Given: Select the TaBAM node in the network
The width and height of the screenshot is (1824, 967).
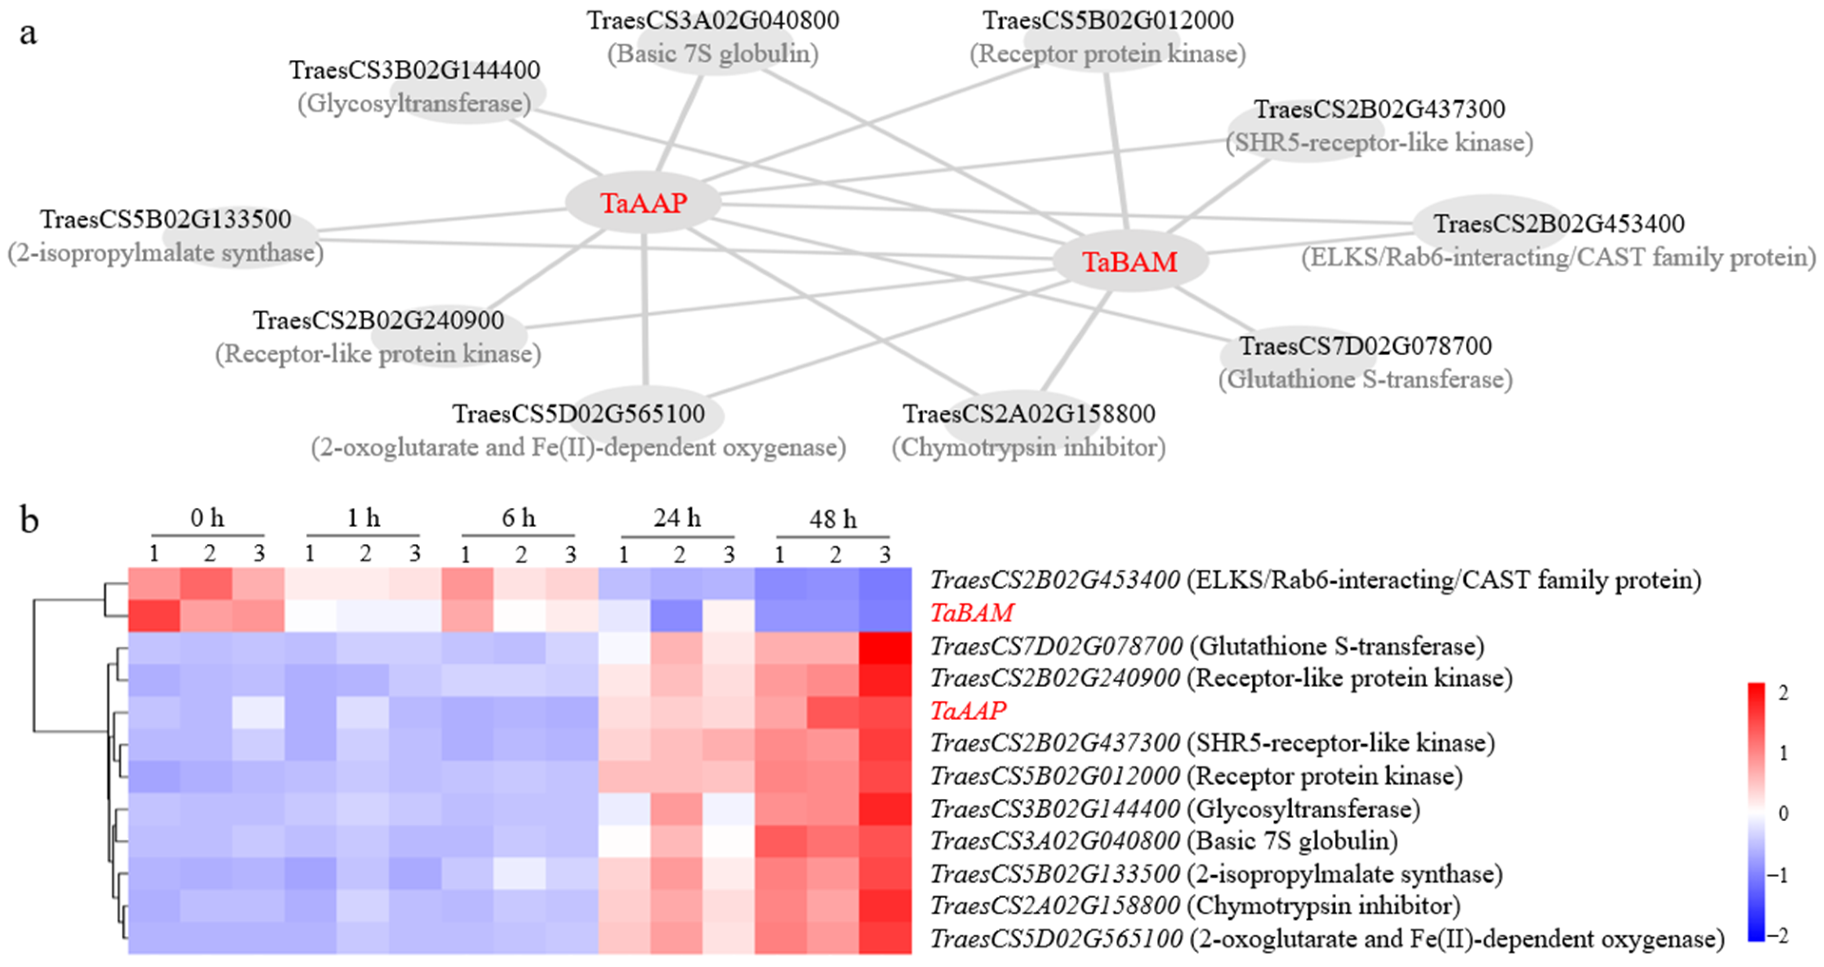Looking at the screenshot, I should point(1129,262).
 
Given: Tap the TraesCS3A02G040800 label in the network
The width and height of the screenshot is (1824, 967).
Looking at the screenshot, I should point(713,20).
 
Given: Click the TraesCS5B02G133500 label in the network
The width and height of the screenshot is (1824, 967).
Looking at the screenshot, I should point(165,220).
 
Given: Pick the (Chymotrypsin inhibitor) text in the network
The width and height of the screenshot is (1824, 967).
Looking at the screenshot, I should point(1028,447).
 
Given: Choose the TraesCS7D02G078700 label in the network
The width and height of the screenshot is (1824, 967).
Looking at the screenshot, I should point(1365,346).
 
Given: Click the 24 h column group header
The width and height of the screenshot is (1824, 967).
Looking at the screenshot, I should point(677,519).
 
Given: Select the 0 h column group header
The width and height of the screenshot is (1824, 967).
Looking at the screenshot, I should point(207,519).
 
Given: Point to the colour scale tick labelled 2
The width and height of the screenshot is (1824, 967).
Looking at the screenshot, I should point(1783,693).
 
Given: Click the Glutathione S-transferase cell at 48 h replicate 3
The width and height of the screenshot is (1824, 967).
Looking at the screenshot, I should point(885,646).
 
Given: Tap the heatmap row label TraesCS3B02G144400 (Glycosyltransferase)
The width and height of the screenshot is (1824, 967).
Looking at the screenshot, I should point(1175,808).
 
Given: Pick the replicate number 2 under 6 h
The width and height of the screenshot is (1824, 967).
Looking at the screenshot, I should point(521,554).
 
